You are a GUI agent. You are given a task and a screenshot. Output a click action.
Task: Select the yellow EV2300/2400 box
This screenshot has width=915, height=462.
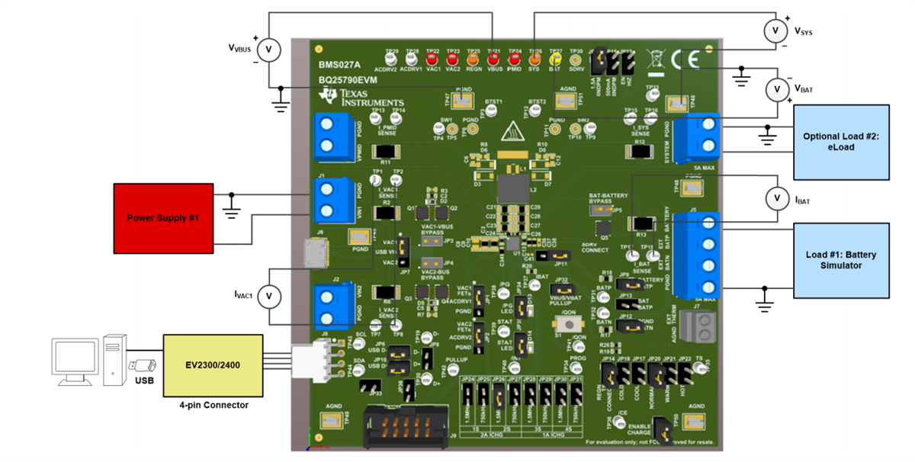pyautogui.click(x=212, y=365)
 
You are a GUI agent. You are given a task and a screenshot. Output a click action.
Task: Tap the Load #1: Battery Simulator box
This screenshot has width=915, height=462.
pyautogui.click(x=841, y=260)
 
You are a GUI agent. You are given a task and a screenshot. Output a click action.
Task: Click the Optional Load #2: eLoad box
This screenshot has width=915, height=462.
pyautogui.click(x=841, y=142)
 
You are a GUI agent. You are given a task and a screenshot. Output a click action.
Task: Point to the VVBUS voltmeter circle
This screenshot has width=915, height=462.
pyautogui.click(x=268, y=50)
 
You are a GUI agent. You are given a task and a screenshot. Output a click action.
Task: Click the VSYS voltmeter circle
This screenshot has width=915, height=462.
pyautogui.click(x=776, y=30)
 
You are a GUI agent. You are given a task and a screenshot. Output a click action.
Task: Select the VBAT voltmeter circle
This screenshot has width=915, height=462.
pyautogui.click(x=776, y=89)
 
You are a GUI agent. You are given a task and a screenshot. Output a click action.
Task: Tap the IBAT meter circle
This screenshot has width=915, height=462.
pyautogui.click(x=776, y=199)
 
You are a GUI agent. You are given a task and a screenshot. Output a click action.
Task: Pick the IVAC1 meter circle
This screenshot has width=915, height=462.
pyautogui.click(x=268, y=296)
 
